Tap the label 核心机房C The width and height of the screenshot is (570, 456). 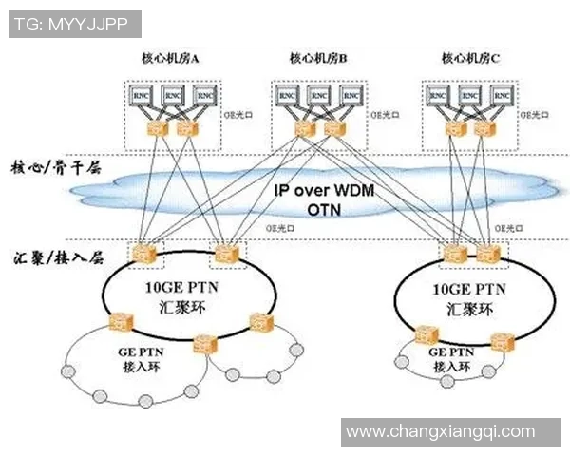click(470, 59)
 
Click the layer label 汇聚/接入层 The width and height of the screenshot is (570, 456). click(57, 257)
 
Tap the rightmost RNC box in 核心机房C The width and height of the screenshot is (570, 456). click(498, 95)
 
